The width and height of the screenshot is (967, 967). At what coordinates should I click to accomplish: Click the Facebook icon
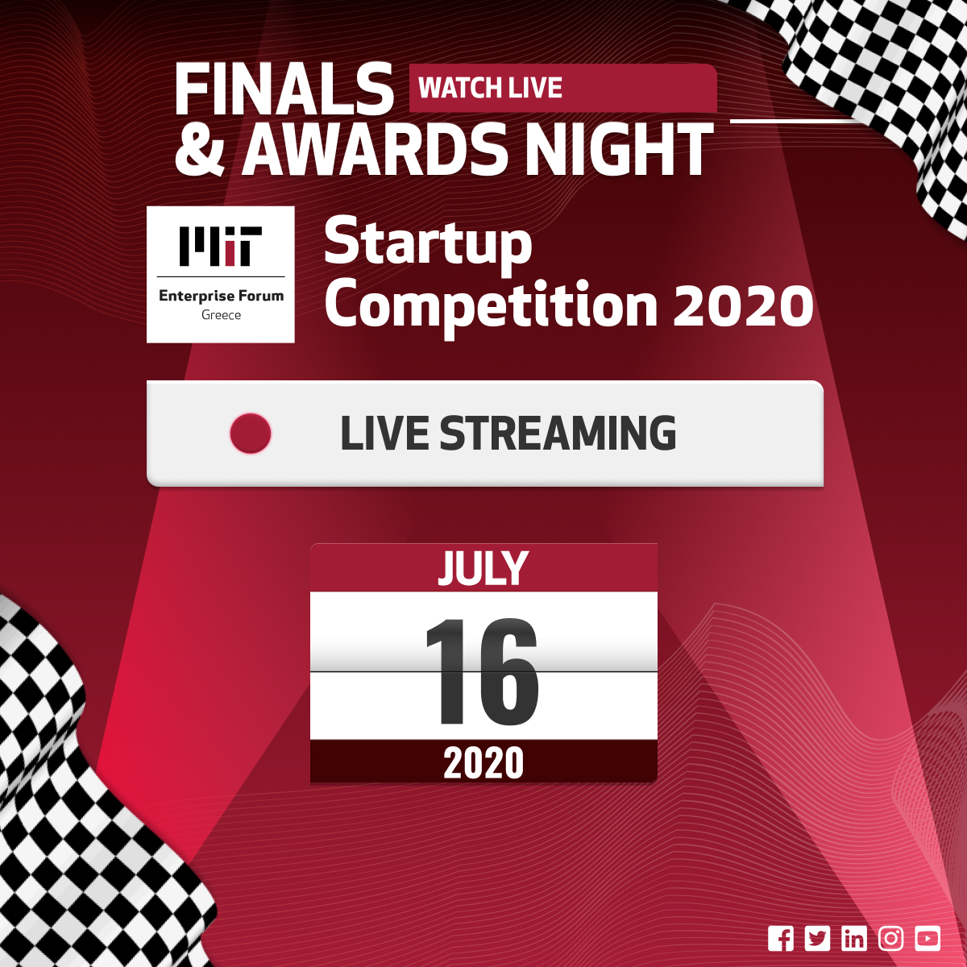click(x=780, y=938)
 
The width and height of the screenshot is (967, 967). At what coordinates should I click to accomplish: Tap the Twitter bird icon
click(x=817, y=938)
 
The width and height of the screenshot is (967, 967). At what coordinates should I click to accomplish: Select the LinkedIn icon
click(x=854, y=938)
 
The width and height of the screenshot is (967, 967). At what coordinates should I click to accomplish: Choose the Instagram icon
click(x=890, y=938)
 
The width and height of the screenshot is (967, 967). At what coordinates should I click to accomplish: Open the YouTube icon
click(x=928, y=938)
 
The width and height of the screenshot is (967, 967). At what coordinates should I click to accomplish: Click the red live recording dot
click(x=251, y=433)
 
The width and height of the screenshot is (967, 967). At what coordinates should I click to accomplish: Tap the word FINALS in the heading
click(x=284, y=89)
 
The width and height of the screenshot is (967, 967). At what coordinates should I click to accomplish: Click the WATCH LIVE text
click(x=490, y=89)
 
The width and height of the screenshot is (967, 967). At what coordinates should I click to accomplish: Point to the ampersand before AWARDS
click(x=199, y=150)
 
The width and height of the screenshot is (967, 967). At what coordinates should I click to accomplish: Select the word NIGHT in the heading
click(x=620, y=150)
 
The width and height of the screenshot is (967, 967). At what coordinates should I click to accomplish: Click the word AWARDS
click(x=371, y=150)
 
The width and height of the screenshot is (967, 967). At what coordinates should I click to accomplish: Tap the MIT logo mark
click(x=221, y=246)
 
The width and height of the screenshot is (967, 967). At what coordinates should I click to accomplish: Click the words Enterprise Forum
click(x=222, y=296)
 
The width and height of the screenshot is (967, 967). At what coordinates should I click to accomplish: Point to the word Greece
click(x=221, y=315)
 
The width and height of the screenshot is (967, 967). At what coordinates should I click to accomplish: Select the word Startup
click(x=428, y=243)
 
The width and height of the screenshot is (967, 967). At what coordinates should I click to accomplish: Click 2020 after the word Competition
click(x=743, y=305)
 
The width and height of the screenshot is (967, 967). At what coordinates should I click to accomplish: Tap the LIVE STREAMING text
click(x=508, y=433)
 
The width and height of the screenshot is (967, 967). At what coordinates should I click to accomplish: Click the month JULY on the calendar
click(x=483, y=568)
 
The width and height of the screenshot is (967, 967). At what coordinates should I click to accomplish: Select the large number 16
click(x=482, y=672)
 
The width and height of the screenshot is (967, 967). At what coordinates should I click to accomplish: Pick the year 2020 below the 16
click(x=483, y=763)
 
